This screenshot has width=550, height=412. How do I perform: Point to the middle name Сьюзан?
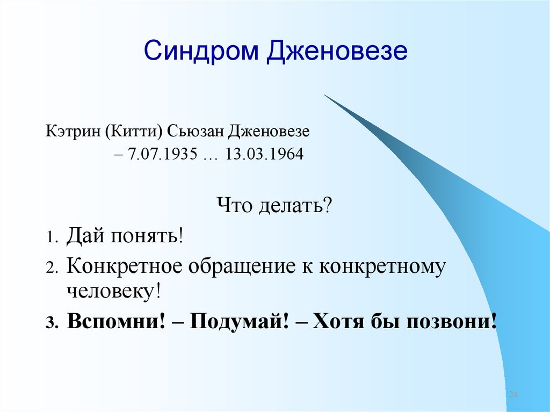pyautogui.click(x=197, y=131)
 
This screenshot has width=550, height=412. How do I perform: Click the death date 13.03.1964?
pyautogui.click(x=264, y=155)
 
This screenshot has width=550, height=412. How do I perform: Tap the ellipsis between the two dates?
pyautogui.click(x=211, y=156)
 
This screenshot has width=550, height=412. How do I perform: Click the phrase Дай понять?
pyautogui.click(x=125, y=235)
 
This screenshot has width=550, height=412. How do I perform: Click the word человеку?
pyautogui.click(x=114, y=292)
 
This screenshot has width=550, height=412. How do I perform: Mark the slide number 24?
pyautogui.click(x=512, y=395)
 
